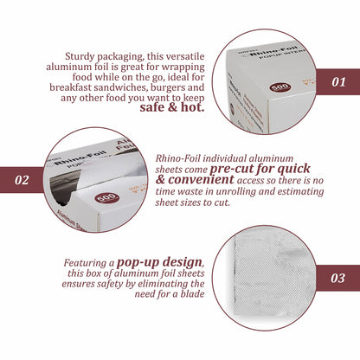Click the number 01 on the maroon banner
(338, 82)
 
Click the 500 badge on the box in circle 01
(281, 87)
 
